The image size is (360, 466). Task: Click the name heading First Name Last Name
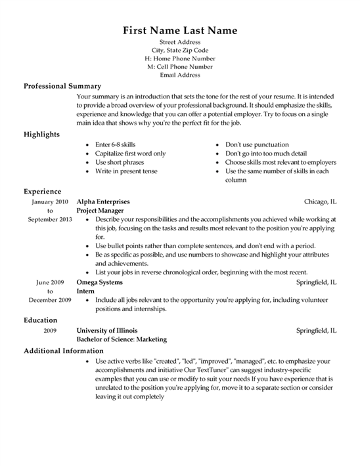tap(180, 31)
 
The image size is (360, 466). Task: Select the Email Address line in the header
tap(180, 75)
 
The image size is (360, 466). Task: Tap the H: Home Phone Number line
tap(180, 58)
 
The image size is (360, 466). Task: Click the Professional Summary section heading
tap(62, 86)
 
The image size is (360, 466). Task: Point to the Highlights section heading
tap(41, 134)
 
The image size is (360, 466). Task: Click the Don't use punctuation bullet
tap(257, 144)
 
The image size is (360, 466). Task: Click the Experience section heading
tap(43, 192)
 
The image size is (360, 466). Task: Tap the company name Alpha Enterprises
tap(103, 201)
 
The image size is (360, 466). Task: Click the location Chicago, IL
tap(320, 201)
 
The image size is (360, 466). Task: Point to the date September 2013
tap(49, 219)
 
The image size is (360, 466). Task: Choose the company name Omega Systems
tap(100, 282)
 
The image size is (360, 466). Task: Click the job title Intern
tap(85, 290)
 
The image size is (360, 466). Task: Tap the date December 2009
tap(49, 299)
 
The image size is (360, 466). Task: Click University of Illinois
tap(107, 331)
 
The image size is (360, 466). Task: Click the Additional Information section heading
tap(64, 351)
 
